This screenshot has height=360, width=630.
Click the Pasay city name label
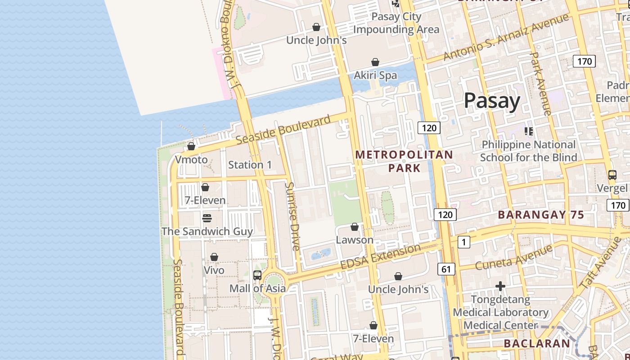492,101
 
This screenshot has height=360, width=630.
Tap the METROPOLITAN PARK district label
404,161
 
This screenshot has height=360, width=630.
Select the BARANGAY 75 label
541,215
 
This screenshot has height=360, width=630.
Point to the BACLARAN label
536,343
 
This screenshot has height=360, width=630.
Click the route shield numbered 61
446,269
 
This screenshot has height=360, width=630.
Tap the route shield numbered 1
463,242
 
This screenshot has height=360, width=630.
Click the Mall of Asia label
257,288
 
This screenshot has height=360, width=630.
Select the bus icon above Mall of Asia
257,275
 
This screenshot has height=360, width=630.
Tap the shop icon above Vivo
214,257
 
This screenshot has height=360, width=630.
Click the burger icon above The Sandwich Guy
207,218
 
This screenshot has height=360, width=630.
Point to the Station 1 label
250,165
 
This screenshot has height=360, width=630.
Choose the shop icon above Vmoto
191,146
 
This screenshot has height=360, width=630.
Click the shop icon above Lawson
355,227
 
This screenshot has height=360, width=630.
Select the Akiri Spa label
375,75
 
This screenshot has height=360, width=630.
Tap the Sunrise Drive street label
292,216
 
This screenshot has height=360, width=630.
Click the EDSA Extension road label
380,257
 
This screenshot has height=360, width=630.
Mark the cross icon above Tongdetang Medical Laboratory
500,286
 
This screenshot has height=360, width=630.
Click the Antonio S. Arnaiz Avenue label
506,37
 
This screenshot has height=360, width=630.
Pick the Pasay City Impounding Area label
396,23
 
